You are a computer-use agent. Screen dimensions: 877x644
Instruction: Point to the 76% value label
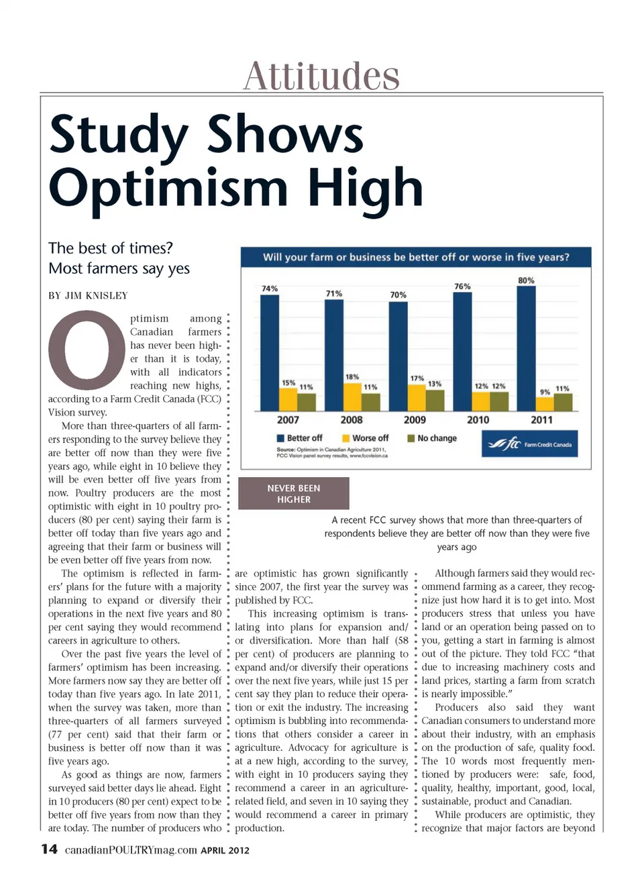[x=462, y=287]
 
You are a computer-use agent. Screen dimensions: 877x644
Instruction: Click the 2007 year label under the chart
[x=288, y=420]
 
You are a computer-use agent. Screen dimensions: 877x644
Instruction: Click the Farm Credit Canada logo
[x=529, y=444]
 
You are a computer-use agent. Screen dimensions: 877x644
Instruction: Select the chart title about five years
[x=416, y=257]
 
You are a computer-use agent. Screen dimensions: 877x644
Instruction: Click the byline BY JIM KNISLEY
[x=88, y=296]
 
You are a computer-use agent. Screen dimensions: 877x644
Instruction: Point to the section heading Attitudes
[x=321, y=76]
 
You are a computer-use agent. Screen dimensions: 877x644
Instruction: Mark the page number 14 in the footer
[x=49, y=849]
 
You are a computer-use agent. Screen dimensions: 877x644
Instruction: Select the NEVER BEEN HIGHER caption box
[x=294, y=494]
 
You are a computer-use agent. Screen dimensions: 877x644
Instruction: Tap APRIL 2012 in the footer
[x=225, y=850]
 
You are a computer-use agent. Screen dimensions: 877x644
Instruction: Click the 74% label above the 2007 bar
[x=269, y=289]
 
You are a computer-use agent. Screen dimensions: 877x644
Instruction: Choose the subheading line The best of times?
[x=111, y=248]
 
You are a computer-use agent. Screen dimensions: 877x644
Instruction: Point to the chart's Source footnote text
[x=331, y=452]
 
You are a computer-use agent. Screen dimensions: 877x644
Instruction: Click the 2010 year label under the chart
[x=478, y=420]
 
